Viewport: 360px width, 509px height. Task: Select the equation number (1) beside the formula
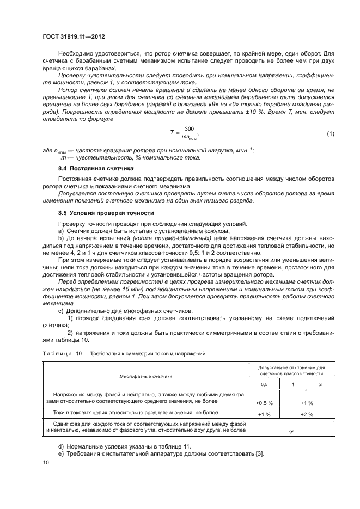[330, 133]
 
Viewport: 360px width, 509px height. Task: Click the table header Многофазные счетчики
[146, 376]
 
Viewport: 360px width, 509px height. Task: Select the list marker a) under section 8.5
[61, 231]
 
